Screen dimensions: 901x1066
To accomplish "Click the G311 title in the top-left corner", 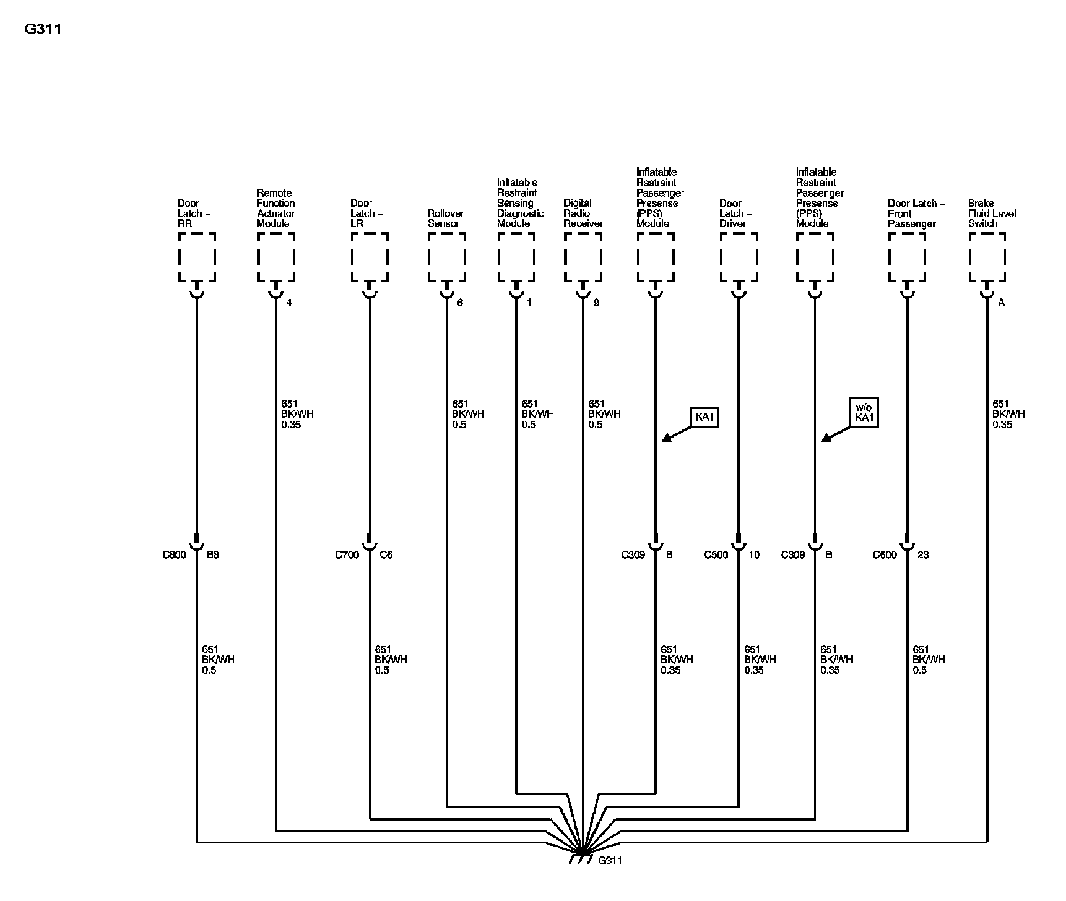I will tap(43, 29).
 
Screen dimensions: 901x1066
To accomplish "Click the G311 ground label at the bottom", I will tap(610, 861).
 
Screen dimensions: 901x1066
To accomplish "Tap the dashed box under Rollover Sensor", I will tap(446, 257).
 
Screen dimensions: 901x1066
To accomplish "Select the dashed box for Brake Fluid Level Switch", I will tap(987, 257).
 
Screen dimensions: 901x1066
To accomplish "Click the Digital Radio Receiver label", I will tap(583, 213).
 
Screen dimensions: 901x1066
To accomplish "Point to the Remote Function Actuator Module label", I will tap(275, 209).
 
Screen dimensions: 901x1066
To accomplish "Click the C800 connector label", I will tap(174, 555).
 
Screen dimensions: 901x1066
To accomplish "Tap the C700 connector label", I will tap(347, 555).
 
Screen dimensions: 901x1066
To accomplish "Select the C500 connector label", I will tap(716, 555).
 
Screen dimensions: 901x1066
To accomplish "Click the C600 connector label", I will tap(885, 555).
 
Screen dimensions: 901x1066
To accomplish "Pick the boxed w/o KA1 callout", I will tap(864, 413).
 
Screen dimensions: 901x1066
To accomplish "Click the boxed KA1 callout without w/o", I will tap(704, 417).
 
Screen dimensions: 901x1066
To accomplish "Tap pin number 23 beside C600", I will tap(923, 555).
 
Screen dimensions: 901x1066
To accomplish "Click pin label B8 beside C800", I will tap(212, 555).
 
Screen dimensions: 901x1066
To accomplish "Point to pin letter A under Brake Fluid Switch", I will tap(1002, 303).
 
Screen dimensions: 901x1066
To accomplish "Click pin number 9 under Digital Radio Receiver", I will tap(596, 303).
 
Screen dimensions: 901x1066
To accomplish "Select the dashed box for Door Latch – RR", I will tap(197, 257).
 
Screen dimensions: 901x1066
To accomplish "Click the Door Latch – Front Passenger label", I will tap(916, 213).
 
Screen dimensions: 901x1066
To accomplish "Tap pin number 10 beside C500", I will tap(753, 555).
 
